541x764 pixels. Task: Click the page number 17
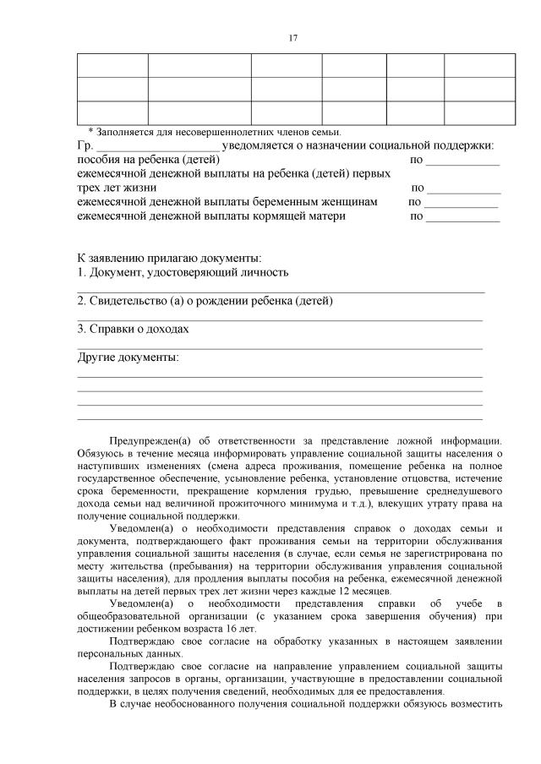click(292, 38)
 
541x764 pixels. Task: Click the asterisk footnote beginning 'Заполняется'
click(215, 133)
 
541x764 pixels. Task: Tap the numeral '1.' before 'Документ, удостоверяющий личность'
click(81, 272)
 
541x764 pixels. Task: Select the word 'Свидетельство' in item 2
click(130, 301)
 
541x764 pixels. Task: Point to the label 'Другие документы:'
click(128, 357)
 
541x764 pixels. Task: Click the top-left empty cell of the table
click(112, 66)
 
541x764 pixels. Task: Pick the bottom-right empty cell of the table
click(479, 112)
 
